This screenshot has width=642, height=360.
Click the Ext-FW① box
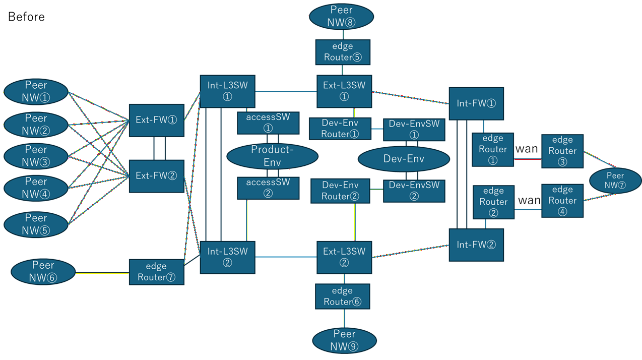click(156, 121)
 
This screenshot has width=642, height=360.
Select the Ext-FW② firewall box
click(156, 176)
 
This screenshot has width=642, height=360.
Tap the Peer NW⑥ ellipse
click(43, 271)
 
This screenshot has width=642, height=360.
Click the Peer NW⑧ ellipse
click(342, 16)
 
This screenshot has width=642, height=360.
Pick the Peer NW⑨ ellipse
click(345, 340)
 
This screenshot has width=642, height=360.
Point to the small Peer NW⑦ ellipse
click(615, 180)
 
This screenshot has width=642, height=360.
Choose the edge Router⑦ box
click(156, 272)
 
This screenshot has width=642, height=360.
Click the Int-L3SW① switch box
click(227, 91)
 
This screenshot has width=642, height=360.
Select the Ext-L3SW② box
click(344, 257)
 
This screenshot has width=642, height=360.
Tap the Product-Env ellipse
click(272, 156)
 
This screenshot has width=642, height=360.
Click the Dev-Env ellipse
click(404, 159)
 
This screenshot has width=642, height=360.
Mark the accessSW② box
click(268, 188)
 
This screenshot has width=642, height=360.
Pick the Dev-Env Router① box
click(340, 129)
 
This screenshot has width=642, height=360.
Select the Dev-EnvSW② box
click(414, 191)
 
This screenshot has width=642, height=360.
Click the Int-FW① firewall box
click(476, 104)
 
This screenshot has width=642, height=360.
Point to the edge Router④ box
click(562, 200)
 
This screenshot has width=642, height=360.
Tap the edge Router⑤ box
click(343, 52)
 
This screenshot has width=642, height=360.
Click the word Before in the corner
click(26, 17)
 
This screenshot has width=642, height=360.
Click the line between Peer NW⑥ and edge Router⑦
click(102, 273)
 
